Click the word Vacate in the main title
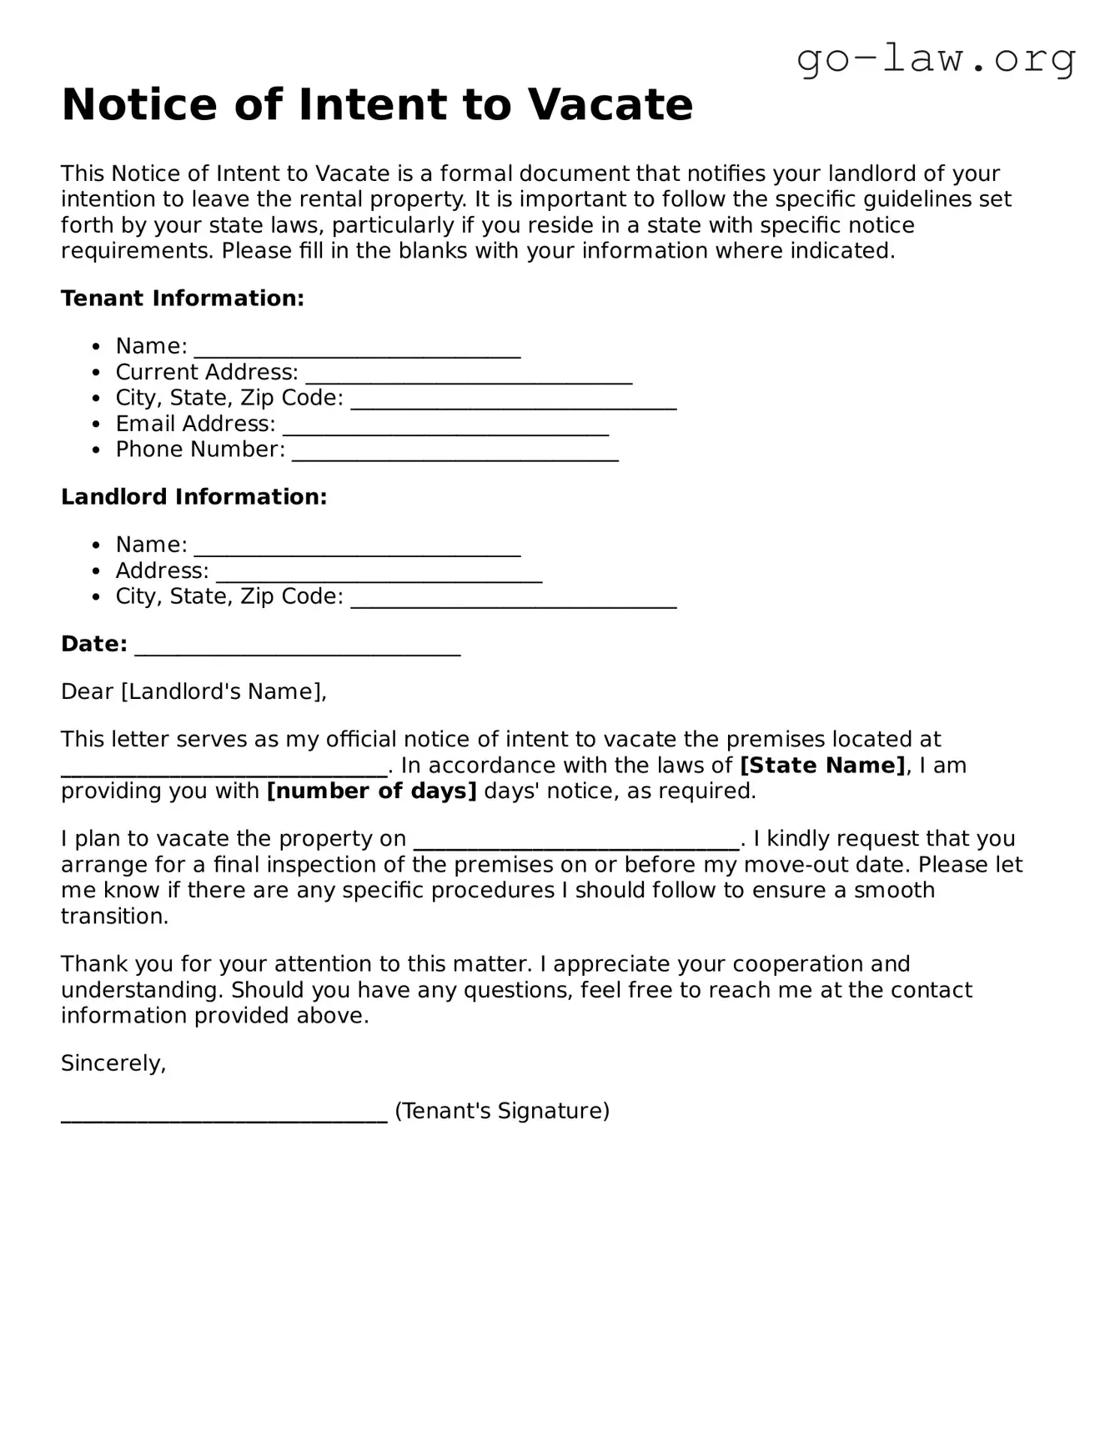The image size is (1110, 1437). coord(610,105)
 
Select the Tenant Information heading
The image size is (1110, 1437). coord(183,299)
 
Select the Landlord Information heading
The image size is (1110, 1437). coord(194,497)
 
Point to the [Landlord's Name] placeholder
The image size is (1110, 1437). coord(222,691)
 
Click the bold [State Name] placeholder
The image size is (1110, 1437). coord(822,766)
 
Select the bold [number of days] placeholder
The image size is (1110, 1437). coord(371,791)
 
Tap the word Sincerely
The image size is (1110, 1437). coord(113,1063)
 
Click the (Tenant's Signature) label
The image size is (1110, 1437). coord(502,1111)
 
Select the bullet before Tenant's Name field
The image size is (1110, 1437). coord(98,347)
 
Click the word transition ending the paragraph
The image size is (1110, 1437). coord(113,917)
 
